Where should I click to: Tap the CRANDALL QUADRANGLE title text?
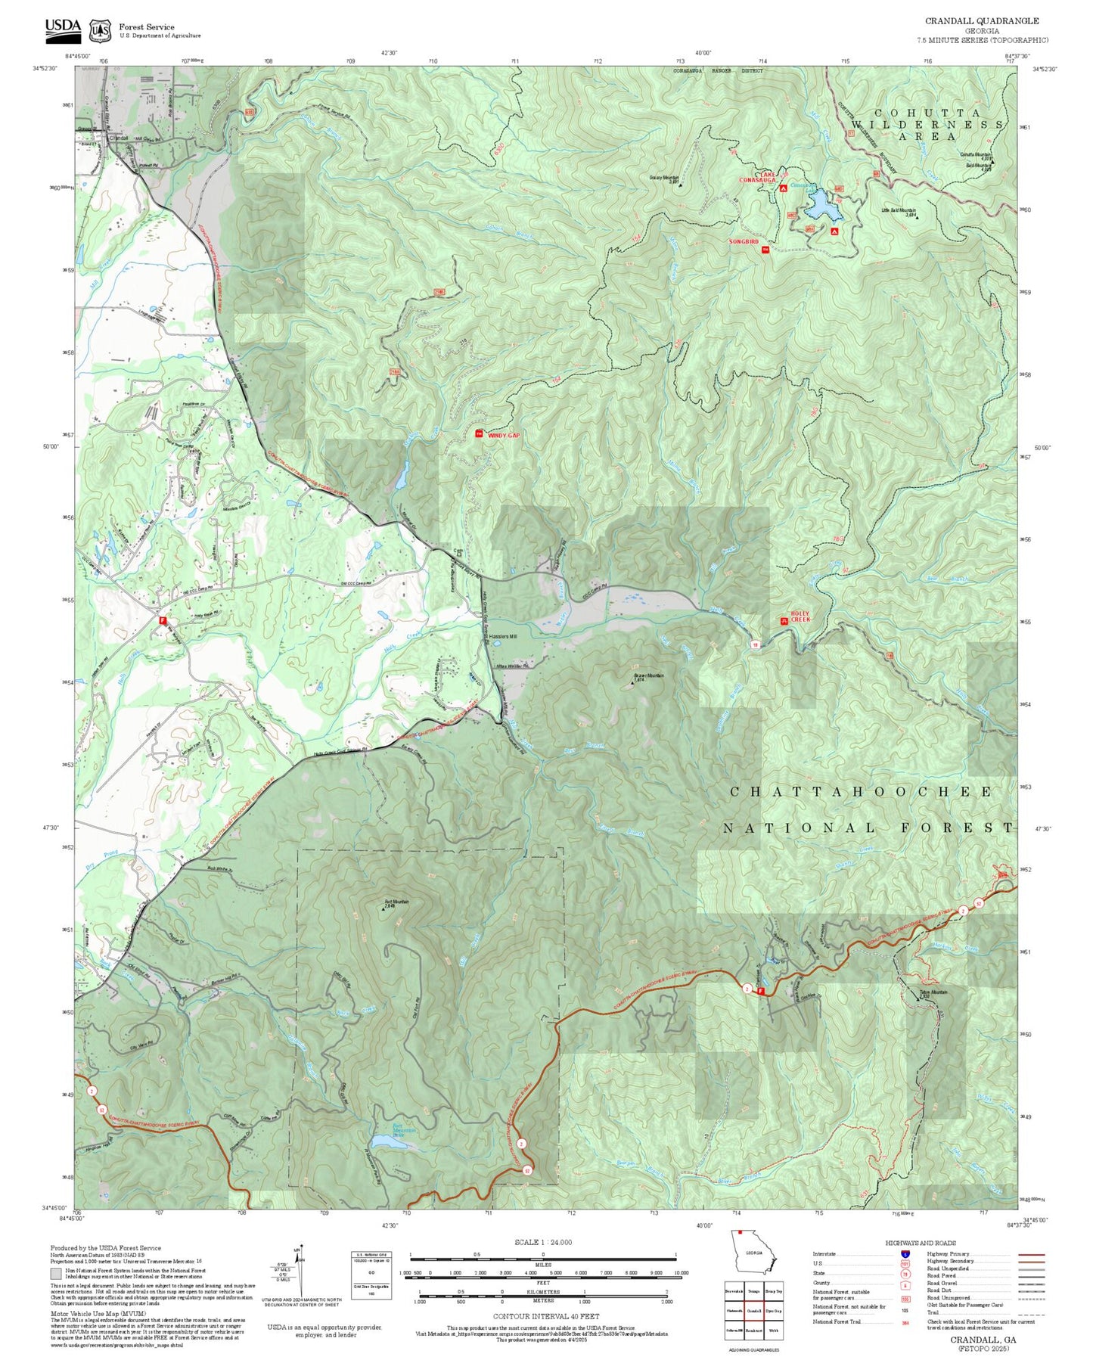(981, 21)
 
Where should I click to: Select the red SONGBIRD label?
(743, 241)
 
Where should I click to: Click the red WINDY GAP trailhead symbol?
(479, 434)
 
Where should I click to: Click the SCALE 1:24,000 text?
(542, 1242)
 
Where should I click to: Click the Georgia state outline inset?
(753, 1254)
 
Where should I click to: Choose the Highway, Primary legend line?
(1031, 1254)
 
